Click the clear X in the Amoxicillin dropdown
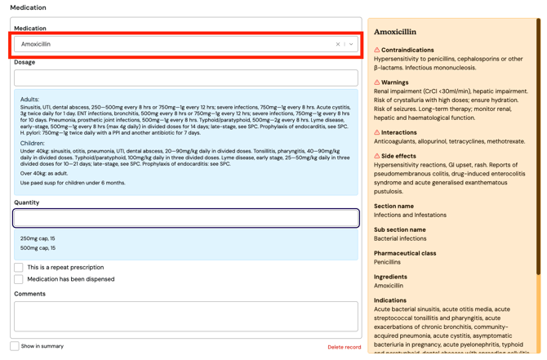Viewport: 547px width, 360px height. (338, 44)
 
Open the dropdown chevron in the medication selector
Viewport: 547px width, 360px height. (351, 44)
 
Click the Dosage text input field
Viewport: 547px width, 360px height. (185, 78)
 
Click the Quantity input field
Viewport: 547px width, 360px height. (185, 218)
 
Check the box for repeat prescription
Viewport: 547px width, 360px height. (19, 267)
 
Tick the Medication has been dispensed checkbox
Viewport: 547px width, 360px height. (19, 279)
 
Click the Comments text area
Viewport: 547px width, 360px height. (185, 316)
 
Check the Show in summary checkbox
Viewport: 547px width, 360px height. (15, 346)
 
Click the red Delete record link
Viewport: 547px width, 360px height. (344, 347)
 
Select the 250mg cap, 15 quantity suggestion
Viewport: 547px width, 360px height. (38, 238)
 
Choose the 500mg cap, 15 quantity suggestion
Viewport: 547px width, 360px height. (38, 248)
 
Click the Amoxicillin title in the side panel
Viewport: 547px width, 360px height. (394, 32)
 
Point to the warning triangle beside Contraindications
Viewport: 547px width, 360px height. (377, 50)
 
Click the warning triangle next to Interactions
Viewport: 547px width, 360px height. (377, 132)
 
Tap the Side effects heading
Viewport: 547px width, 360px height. (398, 156)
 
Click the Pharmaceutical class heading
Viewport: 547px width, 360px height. (405, 253)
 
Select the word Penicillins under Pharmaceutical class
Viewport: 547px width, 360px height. (387, 262)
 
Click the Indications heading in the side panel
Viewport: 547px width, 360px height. (390, 300)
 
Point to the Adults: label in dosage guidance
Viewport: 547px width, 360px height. (29, 100)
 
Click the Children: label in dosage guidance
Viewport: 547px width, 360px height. (33, 143)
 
